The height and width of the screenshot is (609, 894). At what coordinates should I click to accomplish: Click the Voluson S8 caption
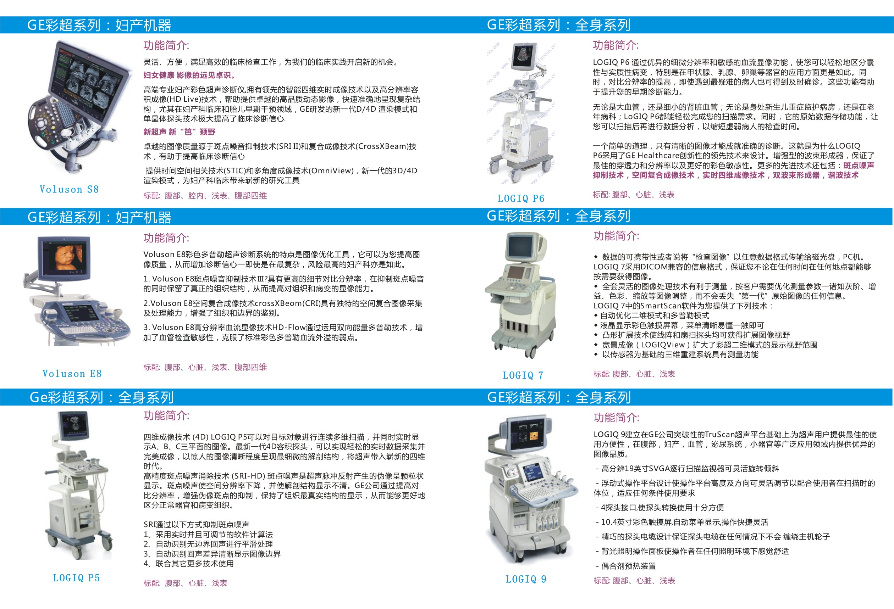tap(69, 189)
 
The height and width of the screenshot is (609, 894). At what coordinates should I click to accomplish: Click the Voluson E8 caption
tap(72, 374)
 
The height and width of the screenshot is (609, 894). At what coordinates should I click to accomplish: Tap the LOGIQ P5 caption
tap(76, 578)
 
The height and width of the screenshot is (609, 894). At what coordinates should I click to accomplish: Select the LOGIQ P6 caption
tap(521, 199)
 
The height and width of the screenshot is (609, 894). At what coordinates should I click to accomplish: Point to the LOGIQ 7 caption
tap(523, 375)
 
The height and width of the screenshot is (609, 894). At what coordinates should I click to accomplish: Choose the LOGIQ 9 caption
tap(526, 579)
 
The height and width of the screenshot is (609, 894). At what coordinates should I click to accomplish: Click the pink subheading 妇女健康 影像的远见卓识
tap(189, 75)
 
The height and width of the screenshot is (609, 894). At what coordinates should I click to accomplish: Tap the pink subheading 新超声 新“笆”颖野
tap(179, 132)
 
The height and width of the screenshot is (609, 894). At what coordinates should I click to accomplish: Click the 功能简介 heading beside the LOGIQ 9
tap(616, 418)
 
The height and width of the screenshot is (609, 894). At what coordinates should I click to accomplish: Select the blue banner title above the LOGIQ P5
tap(101, 397)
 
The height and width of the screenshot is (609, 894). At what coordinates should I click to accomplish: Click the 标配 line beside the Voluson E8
tap(205, 367)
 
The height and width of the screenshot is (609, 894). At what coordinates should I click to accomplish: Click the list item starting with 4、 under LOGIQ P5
tap(188, 564)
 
